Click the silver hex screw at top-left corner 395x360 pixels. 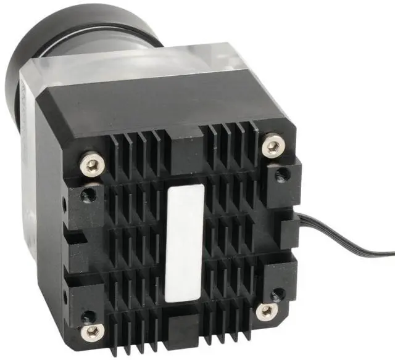point(91,165)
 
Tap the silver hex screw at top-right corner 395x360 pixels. point(272,147)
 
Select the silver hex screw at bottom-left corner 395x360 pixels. point(93,332)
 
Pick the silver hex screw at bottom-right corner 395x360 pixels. point(267,311)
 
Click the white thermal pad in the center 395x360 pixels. point(185,244)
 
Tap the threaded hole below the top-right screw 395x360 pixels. point(281,175)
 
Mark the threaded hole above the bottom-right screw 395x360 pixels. point(278,294)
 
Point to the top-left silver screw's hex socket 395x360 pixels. point(91,165)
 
